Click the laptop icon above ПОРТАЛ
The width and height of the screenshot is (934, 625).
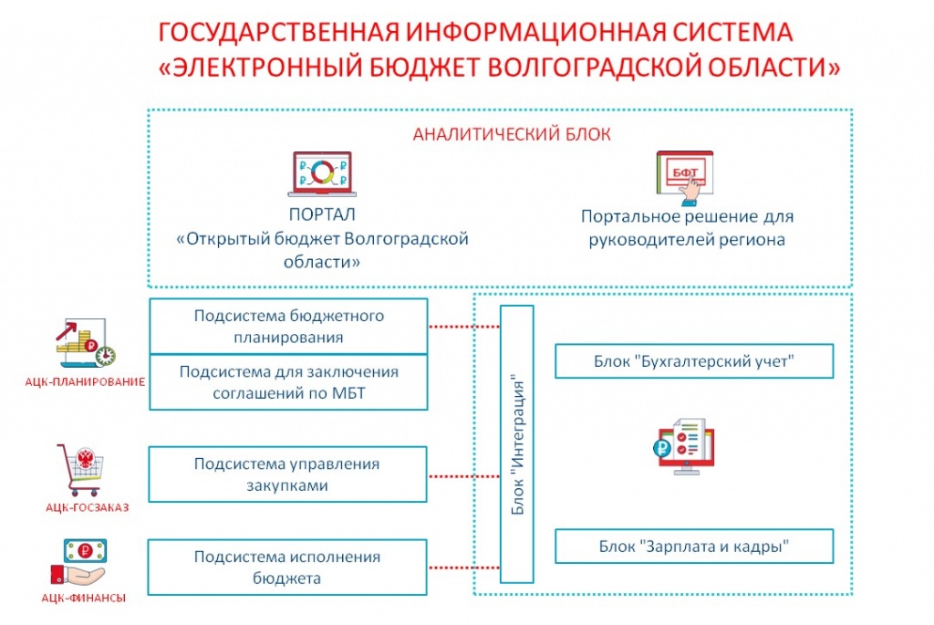(x=322, y=174)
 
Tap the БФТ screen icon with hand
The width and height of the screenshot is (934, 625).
(x=685, y=178)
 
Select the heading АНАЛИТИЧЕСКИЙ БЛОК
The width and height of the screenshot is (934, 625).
(x=512, y=134)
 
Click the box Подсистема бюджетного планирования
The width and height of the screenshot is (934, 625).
(x=288, y=327)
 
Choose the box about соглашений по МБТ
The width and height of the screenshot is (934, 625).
(x=288, y=382)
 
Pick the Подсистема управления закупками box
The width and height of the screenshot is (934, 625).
(x=287, y=474)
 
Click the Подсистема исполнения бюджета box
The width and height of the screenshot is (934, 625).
(x=287, y=568)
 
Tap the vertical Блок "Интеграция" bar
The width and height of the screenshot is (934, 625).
(x=516, y=443)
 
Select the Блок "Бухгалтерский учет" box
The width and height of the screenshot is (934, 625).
(x=694, y=361)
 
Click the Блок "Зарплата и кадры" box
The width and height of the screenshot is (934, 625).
(x=694, y=547)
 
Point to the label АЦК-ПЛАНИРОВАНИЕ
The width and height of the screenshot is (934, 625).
(x=85, y=382)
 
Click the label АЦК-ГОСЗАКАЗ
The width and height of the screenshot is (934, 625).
(x=87, y=507)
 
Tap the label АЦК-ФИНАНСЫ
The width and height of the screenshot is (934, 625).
(x=83, y=598)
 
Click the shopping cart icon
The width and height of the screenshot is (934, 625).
(x=81, y=470)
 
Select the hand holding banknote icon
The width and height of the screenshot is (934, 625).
(x=79, y=563)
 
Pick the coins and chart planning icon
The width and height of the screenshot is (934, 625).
(x=86, y=343)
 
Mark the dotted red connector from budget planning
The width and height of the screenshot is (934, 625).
(x=464, y=327)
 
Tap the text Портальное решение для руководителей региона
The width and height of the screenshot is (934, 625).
(x=688, y=227)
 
